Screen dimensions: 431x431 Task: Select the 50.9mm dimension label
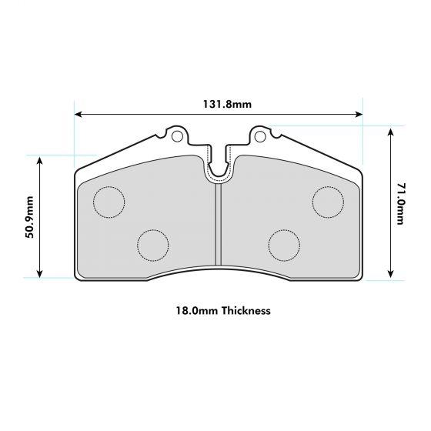[29, 216]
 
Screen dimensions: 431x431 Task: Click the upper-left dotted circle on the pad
[109, 202]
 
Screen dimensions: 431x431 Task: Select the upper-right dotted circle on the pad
[328, 202]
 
